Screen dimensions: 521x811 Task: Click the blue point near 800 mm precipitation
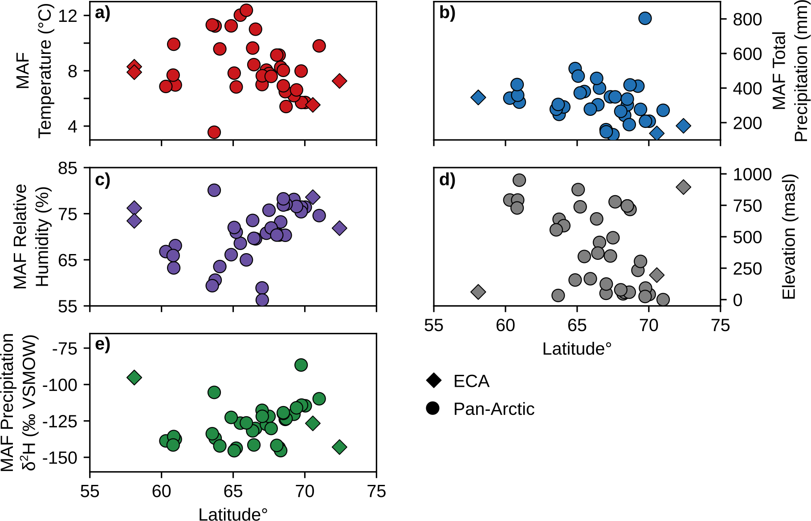click(x=645, y=18)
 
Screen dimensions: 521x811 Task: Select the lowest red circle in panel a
click(x=214, y=132)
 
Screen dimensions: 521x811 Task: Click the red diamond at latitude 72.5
click(x=339, y=81)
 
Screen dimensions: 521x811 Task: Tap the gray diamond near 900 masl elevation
click(x=683, y=187)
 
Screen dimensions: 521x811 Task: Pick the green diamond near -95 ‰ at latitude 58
click(x=134, y=377)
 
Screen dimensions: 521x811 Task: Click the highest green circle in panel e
click(x=301, y=365)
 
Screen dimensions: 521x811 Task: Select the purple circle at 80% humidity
click(x=214, y=190)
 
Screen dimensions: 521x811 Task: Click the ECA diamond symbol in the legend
click(x=433, y=381)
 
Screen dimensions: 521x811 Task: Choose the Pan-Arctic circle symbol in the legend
click(x=433, y=409)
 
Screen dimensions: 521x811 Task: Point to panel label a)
click(x=102, y=13)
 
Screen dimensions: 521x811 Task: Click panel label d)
click(x=447, y=180)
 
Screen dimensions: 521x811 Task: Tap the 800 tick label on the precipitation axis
click(x=747, y=19)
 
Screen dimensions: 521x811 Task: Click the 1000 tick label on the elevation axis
click(x=752, y=174)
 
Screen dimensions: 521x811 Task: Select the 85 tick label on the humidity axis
click(x=68, y=168)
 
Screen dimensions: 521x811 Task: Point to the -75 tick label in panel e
click(x=65, y=349)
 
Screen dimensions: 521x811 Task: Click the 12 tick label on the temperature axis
click(x=68, y=16)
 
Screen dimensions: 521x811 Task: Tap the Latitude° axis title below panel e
click(x=233, y=514)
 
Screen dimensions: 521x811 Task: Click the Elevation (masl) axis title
click(x=789, y=236)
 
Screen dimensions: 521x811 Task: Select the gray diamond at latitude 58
click(x=478, y=292)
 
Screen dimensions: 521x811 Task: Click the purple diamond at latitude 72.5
click(x=339, y=228)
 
